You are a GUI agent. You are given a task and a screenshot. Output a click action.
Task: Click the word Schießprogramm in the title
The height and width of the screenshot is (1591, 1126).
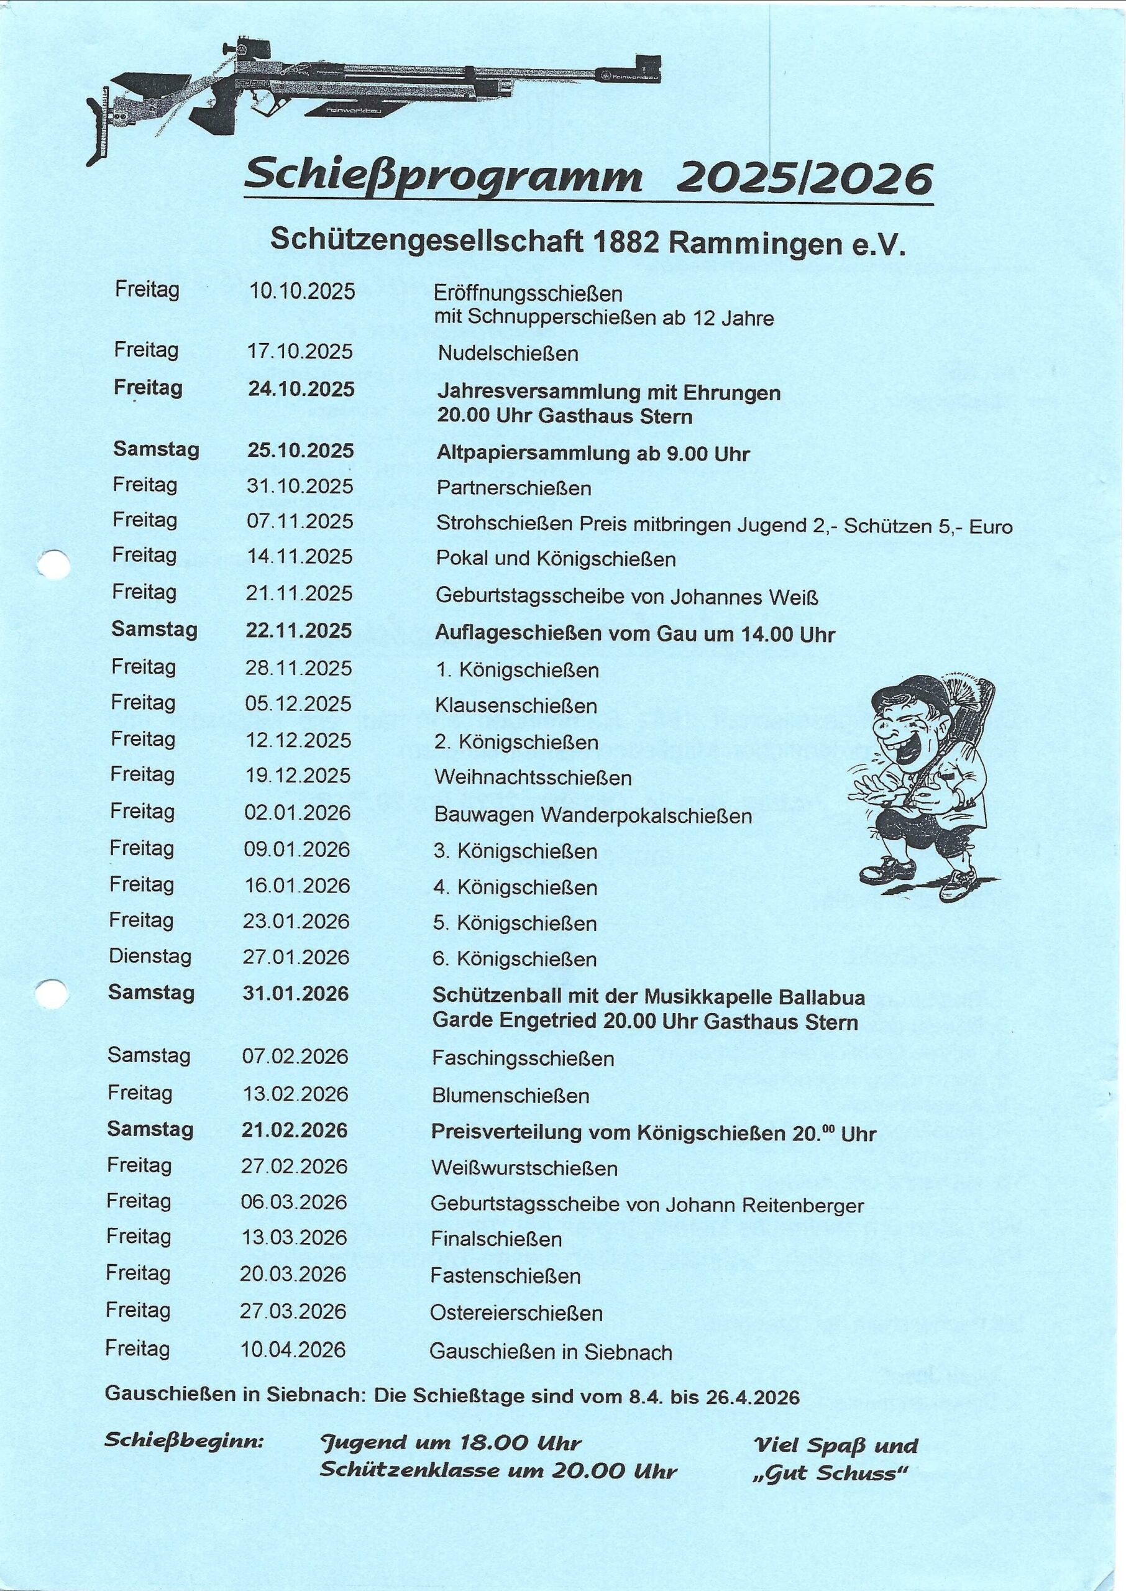(x=443, y=178)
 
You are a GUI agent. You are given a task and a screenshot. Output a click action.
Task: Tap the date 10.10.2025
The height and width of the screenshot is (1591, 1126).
(x=301, y=292)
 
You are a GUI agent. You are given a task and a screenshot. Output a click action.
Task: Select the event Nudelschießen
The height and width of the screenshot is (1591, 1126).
(x=508, y=354)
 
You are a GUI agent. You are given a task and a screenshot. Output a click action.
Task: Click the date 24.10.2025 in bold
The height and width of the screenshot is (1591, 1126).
(x=301, y=389)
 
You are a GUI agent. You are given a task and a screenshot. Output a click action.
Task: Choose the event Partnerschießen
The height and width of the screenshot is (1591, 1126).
(x=514, y=488)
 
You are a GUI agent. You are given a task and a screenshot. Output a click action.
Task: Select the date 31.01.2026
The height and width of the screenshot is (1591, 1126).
(x=295, y=993)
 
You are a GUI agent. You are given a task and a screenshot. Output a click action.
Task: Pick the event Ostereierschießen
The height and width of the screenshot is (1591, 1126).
(x=516, y=1313)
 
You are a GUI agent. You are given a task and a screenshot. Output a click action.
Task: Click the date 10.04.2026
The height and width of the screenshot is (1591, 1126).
(x=293, y=1350)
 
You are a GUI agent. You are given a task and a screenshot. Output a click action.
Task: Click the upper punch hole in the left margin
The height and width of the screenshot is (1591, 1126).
(x=53, y=564)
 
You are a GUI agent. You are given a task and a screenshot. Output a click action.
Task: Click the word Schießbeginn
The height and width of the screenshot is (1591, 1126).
(x=184, y=1441)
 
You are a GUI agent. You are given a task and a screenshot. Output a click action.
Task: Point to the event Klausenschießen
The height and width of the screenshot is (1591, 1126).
(x=516, y=706)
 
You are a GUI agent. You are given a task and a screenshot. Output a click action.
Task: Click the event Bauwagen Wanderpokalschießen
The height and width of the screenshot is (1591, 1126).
(x=593, y=815)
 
